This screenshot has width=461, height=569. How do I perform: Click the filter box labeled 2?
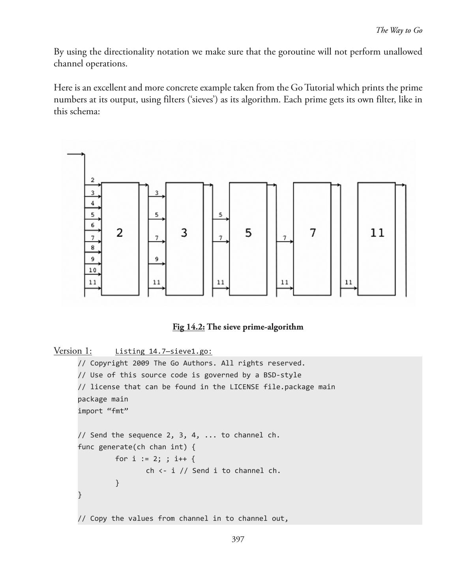[120, 239]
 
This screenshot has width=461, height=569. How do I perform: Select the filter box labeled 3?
[184, 239]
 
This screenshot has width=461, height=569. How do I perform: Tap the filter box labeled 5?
[248, 239]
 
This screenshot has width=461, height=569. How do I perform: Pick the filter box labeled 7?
[312, 239]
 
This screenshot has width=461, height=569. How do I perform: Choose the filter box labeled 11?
[377, 239]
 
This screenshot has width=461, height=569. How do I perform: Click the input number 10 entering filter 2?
[93, 271]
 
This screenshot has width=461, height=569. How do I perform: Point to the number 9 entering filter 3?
[157, 259]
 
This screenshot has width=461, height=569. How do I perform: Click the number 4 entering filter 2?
[93, 203]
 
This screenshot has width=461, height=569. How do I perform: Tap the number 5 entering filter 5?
[221, 215]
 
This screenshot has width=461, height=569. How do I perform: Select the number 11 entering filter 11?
[349, 282]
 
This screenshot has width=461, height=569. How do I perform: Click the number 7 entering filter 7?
[285, 238]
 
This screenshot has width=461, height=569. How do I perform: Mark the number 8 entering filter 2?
[93, 248]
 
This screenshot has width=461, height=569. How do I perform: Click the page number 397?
[238, 539]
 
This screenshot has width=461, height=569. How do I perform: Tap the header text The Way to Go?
[399, 30]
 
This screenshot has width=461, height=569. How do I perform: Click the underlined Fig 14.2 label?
[189, 327]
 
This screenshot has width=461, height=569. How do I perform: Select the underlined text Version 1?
[73, 351]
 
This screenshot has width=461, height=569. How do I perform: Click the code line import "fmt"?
[103, 411]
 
